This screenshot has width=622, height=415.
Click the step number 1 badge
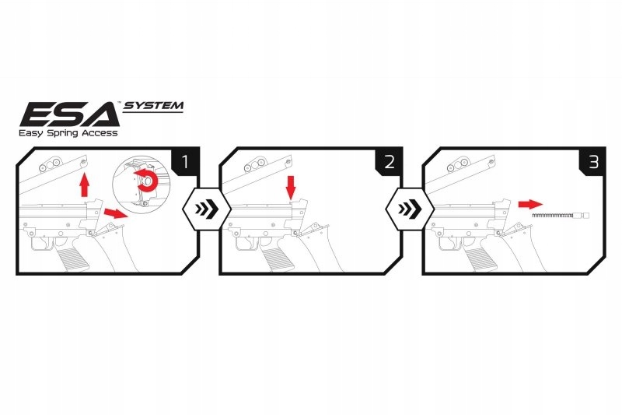(x=184, y=163)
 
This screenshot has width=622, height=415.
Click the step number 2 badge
(x=388, y=163)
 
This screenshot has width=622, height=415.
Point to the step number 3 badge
(x=592, y=163)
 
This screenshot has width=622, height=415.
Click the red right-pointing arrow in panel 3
(x=529, y=203)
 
